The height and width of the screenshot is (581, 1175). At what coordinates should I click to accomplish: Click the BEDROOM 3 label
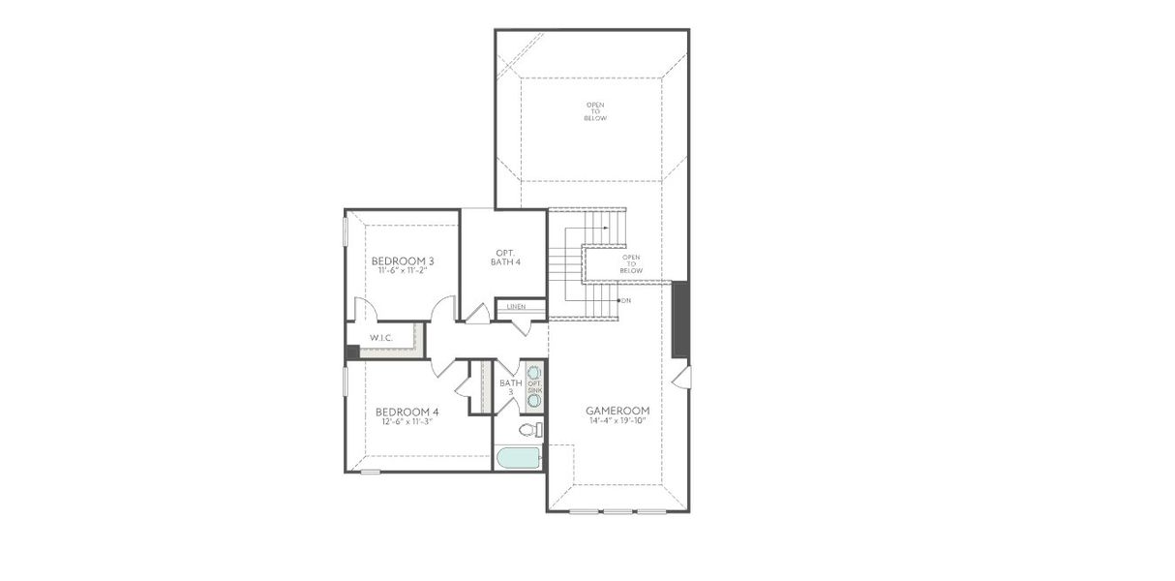[x=403, y=260]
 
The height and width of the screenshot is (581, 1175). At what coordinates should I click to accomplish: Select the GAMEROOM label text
[x=617, y=411]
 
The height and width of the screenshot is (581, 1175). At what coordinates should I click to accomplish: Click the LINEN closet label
[x=516, y=306]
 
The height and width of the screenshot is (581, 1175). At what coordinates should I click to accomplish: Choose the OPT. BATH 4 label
[x=502, y=257]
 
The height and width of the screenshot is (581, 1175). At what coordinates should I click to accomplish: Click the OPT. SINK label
[x=534, y=386]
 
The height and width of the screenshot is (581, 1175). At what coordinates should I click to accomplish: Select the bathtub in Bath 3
[x=519, y=457]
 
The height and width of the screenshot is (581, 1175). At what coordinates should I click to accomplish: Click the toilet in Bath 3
[x=529, y=430]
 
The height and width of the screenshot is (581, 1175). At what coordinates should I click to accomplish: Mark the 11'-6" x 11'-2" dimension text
[x=403, y=270]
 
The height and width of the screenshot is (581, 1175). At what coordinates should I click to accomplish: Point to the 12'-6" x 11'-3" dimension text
[x=407, y=421]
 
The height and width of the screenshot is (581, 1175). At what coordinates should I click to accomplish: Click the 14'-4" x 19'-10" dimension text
[x=617, y=420]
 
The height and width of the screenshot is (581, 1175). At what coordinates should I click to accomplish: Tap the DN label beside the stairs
[x=626, y=301]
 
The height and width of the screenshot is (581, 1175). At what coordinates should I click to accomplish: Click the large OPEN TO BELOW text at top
[x=595, y=111]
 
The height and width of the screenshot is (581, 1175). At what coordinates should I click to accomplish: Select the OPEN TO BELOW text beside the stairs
[x=631, y=263]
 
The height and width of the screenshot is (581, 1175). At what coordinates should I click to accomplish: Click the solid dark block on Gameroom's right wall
[x=680, y=319]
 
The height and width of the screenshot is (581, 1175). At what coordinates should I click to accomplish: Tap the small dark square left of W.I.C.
[x=352, y=352]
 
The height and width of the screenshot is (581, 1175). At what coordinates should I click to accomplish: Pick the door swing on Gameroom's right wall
[x=682, y=377]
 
